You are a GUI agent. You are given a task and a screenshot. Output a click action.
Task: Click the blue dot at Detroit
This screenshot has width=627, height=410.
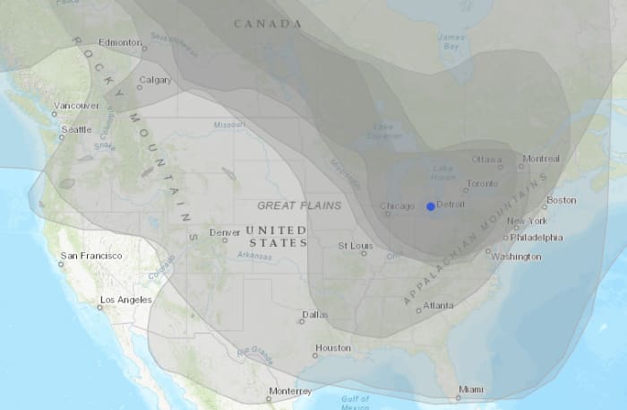pyautogui.click(x=431, y=206)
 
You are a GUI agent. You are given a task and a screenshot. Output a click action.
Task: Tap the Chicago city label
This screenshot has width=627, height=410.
pyautogui.click(x=398, y=206)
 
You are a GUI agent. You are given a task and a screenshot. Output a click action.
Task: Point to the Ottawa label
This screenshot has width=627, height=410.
pyautogui.click(x=487, y=160)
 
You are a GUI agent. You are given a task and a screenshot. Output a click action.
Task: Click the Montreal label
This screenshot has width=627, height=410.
pyautogui.click(x=540, y=160)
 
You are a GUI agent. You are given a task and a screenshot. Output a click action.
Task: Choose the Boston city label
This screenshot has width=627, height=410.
pyautogui.click(x=561, y=200)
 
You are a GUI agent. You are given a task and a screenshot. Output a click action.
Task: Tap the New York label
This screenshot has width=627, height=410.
pyautogui.click(x=527, y=221)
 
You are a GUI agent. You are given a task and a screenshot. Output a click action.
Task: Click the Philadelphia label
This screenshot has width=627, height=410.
pyautogui.click(x=537, y=238)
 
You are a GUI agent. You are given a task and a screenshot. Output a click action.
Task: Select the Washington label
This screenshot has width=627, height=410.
pyautogui.click(x=516, y=257)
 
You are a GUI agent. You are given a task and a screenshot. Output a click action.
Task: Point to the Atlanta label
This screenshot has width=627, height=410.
pyautogui.click(x=438, y=305)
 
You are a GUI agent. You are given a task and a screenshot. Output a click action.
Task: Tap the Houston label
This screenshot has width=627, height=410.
pyautogui.click(x=332, y=348)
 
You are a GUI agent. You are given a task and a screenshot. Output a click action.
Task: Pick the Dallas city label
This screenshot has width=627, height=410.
pyautogui.click(x=315, y=315)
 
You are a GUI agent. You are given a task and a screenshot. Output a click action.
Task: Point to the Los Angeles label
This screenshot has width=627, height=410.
pyautogui.click(x=125, y=300)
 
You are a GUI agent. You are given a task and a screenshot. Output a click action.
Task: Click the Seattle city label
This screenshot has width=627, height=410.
pyautogui.click(x=75, y=130)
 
